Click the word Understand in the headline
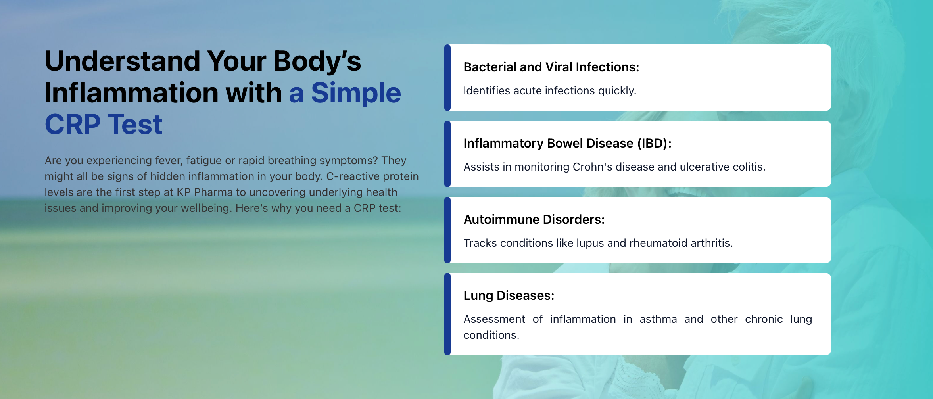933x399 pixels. point(123,61)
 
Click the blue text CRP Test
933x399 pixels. point(104,125)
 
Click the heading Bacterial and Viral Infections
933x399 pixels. point(551,67)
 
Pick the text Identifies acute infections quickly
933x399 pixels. point(550,91)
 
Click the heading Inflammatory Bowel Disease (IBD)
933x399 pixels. point(568,143)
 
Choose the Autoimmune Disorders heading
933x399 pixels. point(534,219)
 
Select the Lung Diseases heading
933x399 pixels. point(509,296)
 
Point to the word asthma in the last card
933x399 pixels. point(658,319)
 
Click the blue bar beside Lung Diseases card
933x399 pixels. point(447,314)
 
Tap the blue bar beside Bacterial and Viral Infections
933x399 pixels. point(447,78)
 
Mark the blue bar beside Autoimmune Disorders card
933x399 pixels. point(447,230)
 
